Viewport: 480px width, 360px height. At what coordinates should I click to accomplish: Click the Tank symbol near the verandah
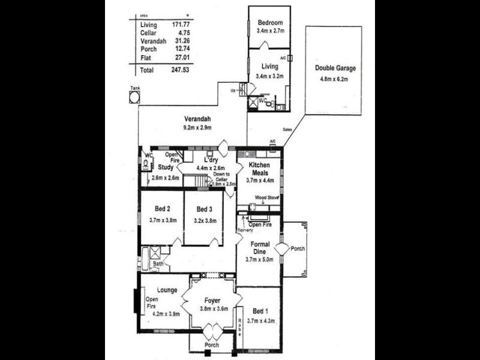click(134, 97)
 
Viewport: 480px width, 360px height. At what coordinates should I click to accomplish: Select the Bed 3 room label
click(204, 209)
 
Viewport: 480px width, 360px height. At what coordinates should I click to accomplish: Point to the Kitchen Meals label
click(260, 169)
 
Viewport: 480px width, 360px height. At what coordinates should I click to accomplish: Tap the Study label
click(166, 168)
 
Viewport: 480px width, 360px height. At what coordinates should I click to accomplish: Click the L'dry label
click(210, 160)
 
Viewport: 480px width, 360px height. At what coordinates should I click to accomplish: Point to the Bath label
click(158, 263)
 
